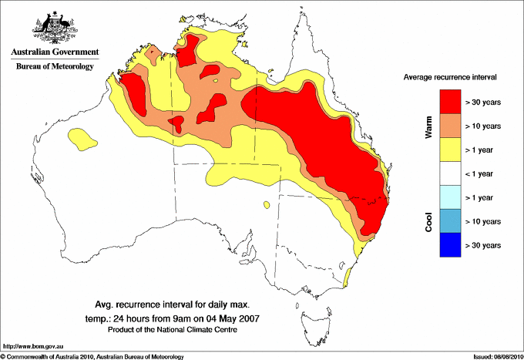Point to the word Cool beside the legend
(x=429, y=221)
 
